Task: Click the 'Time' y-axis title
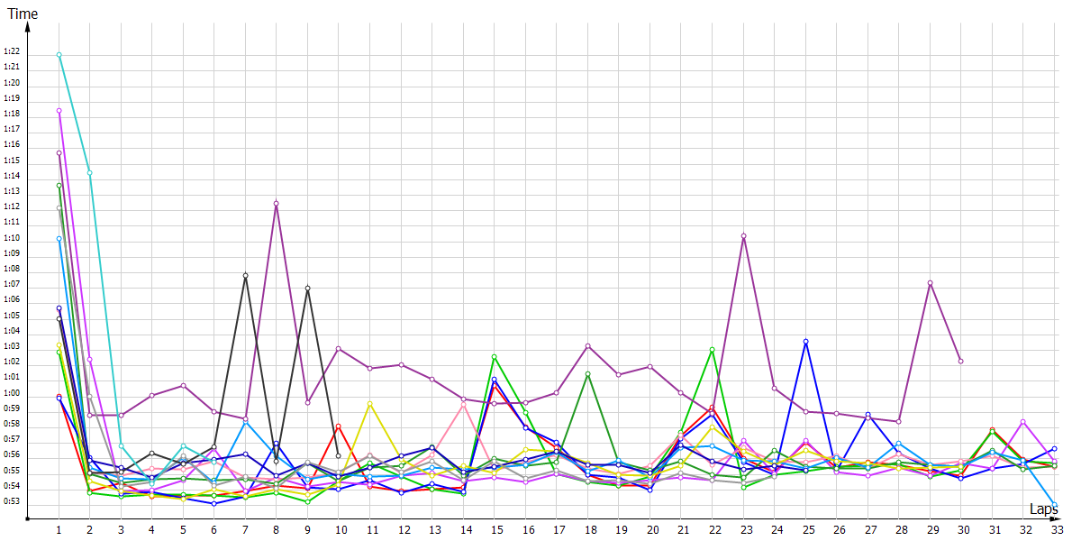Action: tap(23, 14)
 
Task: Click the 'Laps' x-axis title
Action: tap(1045, 509)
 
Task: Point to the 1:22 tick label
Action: tap(12, 51)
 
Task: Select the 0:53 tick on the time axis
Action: tap(12, 501)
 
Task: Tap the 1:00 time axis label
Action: tap(12, 393)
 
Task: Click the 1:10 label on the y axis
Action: tap(12, 238)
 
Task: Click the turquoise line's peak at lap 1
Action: tap(59, 55)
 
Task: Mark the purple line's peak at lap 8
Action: tap(277, 203)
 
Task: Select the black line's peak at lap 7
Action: tap(245, 275)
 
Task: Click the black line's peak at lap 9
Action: tap(308, 288)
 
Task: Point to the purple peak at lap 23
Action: tap(743, 236)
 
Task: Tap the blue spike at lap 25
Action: tap(806, 342)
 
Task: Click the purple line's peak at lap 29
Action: tap(930, 283)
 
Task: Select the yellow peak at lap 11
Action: tap(370, 403)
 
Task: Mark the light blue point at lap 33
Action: tap(1055, 505)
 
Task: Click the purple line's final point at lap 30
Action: tap(961, 361)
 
